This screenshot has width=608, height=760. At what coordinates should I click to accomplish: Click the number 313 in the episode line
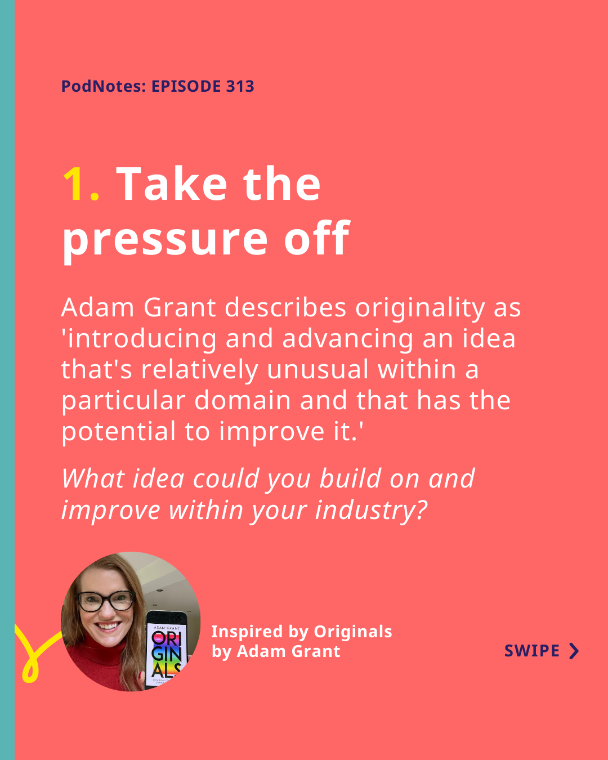click(240, 87)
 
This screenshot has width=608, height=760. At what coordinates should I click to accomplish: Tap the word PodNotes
click(102, 87)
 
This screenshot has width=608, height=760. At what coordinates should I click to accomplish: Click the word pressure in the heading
click(165, 240)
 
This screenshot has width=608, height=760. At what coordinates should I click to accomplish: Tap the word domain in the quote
click(242, 401)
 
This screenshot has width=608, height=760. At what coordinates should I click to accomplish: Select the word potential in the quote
click(119, 432)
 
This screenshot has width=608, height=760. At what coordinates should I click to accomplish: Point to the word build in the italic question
click(350, 479)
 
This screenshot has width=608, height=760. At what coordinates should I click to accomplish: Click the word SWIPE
click(532, 651)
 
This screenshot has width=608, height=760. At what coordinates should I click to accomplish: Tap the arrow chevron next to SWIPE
click(575, 651)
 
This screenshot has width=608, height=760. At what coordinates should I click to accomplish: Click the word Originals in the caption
click(353, 632)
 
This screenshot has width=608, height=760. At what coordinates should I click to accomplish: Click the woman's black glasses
click(105, 601)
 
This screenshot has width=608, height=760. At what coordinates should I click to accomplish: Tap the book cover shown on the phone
click(167, 655)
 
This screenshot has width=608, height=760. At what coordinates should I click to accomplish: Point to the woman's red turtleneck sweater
click(95, 664)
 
